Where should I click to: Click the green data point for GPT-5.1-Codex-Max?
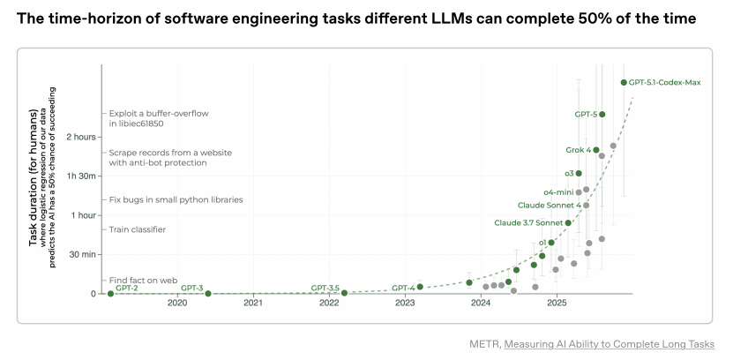point(624,82)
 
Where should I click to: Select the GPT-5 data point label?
point(586,114)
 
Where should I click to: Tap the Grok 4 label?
point(578,150)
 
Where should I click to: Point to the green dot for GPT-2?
point(110,293)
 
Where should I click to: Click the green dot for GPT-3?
point(208,293)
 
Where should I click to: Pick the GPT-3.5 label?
point(325,288)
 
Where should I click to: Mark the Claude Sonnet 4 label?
point(549,205)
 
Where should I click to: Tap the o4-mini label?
point(557,191)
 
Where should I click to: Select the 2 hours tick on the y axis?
point(81,137)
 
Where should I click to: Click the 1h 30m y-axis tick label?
point(80,176)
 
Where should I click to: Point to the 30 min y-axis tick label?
point(82,254)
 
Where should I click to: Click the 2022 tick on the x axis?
point(329,303)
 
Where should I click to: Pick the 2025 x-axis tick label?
point(557,303)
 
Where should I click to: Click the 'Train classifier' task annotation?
point(137,229)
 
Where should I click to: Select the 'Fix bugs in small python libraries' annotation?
point(176,199)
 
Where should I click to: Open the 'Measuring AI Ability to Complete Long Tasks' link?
point(609,343)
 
